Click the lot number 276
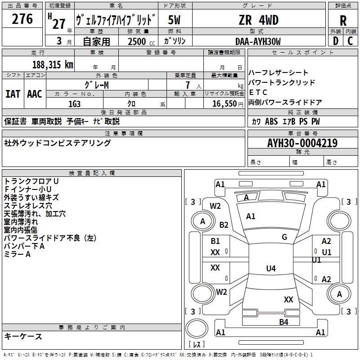coord(22,19)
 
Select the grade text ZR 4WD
coord(259,20)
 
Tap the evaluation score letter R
coord(343,21)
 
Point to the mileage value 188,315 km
coord(53,65)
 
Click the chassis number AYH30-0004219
coord(302,143)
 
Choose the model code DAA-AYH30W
coord(258,41)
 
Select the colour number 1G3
coord(74,104)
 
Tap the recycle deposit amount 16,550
coord(224,104)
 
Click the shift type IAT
coord(13,94)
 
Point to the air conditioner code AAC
coord(35,94)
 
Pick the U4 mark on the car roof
coord(271,268)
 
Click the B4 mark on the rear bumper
coord(283,322)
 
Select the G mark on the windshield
coord(284,237)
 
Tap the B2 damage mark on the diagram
coord(224,225)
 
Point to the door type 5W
coord(174,20)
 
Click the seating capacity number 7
coord(188,85)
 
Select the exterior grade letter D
coord(336,41)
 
